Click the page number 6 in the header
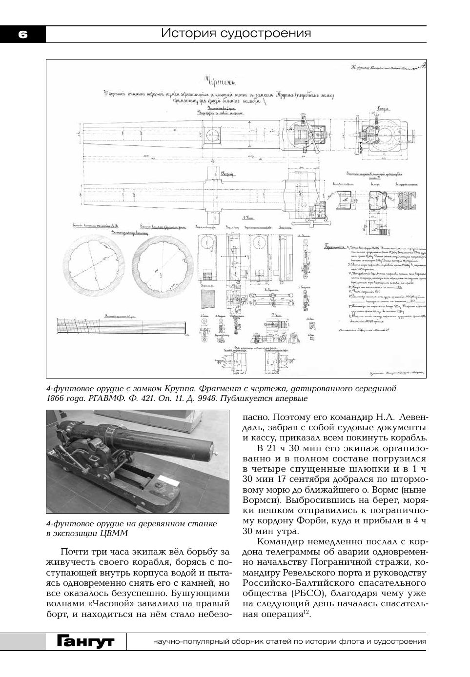[x=22, y=34]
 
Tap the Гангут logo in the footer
[x=85, y=641]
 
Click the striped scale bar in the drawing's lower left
[x=121, y=325]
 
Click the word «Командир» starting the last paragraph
[x=280, y=541]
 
